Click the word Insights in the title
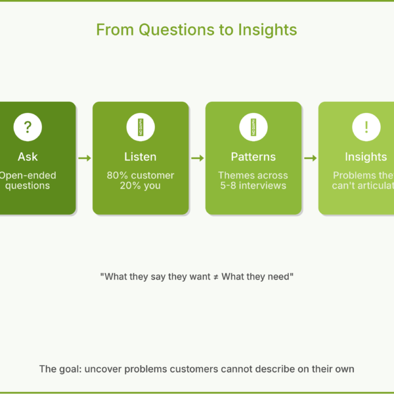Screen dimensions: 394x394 269,30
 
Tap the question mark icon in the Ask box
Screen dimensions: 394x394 28,127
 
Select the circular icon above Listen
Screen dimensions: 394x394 141,127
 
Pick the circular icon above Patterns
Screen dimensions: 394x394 253,127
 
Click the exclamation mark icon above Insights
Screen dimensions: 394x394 366,127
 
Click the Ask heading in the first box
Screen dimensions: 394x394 28,157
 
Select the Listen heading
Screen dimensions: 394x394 141,157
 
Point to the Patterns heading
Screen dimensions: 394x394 253,157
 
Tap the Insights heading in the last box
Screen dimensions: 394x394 366,157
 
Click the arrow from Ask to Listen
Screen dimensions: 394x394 84,158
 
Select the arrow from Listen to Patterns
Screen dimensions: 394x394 197,158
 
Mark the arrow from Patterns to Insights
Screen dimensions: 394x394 310,158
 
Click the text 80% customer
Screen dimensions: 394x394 141,175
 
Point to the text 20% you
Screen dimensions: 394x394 141,186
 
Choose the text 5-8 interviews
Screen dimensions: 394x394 253,186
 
